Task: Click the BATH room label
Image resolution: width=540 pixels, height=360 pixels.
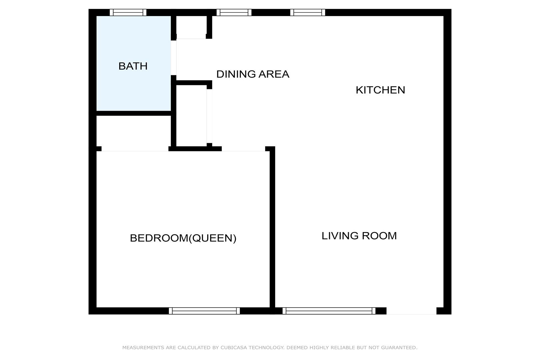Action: [133, 66]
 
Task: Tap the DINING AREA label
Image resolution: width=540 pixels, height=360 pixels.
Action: [253, 74]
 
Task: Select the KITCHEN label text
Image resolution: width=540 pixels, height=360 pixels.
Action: [380, 90]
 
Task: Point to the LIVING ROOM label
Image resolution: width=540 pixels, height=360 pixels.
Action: [359, 236]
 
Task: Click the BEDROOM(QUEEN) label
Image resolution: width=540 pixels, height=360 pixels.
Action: [183, 238]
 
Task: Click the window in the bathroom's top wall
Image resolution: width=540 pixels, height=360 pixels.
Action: [128, 13]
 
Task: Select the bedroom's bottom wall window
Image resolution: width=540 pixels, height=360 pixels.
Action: [205, 311]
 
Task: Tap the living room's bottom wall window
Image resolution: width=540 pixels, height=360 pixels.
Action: [329, 311]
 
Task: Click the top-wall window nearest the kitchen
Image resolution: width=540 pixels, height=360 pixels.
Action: [307, 13]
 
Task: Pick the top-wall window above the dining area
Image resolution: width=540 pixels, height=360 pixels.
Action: [234, 13]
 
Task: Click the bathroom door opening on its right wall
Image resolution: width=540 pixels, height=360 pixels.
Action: [174, 58]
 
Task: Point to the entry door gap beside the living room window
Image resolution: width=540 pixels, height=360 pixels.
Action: [411, 311]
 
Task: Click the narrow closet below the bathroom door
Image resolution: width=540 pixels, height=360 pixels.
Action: [192, 116]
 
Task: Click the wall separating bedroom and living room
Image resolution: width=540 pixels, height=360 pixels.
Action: [272, 229]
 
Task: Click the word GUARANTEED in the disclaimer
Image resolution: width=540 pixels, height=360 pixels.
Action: [399, 348]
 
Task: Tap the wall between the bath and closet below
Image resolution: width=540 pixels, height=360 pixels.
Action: [134, 113]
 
